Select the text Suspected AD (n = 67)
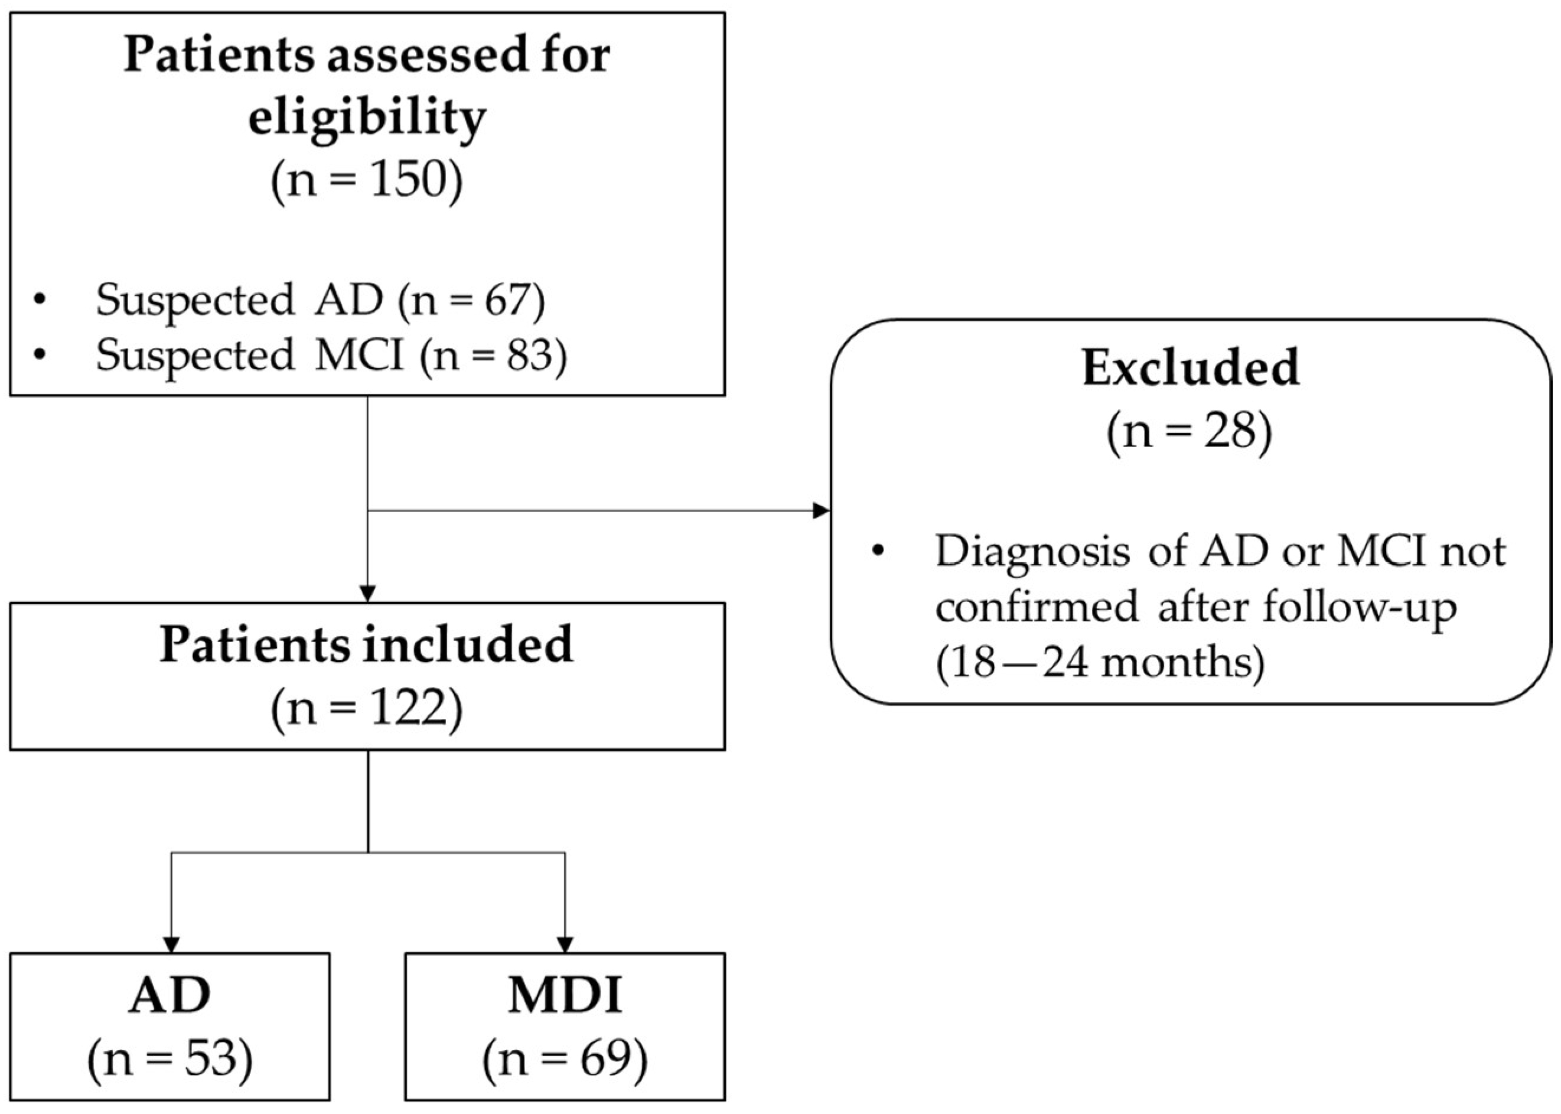(320, 301)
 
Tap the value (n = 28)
(1190, 433)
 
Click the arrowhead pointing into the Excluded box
(821, 510)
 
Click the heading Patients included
(367, 645)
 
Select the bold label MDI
(565, 995)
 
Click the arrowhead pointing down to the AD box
(171, 944)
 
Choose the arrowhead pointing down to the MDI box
(565, 944)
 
